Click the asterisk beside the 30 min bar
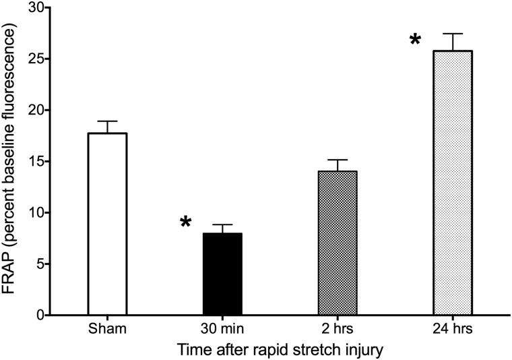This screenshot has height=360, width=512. pos(186,223)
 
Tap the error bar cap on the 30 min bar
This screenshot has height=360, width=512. pos(222,225)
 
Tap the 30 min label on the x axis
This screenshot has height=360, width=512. pos(222,329)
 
